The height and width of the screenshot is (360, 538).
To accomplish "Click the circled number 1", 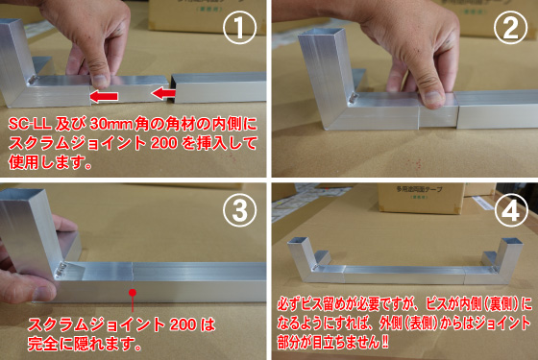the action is point(239,28).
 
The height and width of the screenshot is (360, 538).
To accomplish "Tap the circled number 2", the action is point(510,28).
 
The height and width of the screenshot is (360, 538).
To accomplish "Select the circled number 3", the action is point(239,210).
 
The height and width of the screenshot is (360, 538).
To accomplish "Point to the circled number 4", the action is point(510,210).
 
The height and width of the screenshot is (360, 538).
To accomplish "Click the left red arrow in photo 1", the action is point(104,96).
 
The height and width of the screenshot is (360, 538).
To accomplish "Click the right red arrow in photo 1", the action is point(164,92).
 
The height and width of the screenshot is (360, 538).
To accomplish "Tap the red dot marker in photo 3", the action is point(133,293).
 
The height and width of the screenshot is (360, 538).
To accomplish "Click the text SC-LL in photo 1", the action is point(30,124).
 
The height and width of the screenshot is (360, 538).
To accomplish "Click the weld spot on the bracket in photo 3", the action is point(62,270).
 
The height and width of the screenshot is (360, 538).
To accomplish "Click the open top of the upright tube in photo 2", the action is point(322,34).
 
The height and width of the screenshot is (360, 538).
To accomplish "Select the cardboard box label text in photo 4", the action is point(419,190).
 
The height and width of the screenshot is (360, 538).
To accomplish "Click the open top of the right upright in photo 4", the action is point(511,242).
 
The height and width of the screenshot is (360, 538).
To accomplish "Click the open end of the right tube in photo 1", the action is point(174,88).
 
